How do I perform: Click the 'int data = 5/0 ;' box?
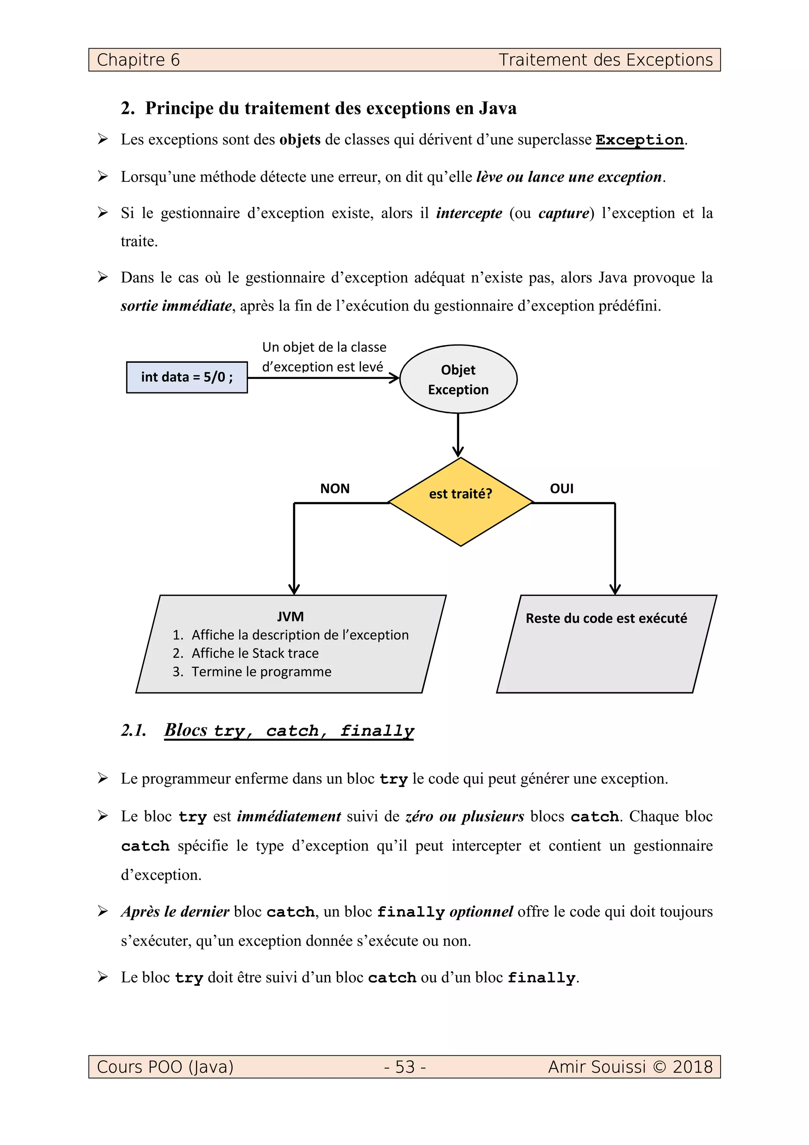coord(187,377)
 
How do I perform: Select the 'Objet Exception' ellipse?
coord(458,379)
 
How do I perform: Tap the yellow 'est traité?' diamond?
coord(460,501)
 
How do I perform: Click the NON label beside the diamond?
coord(335,488)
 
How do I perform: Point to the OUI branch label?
coord(561,488)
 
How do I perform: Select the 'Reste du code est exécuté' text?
coord(606,618)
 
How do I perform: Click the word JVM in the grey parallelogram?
coord(290,616)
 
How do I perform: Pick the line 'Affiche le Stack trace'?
coord(255,653)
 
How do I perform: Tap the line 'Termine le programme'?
coord(261,672)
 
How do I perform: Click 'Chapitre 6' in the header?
coord(138,60)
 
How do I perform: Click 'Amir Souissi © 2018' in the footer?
coord(630,1067)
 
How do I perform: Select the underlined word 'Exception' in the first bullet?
coord(640,140)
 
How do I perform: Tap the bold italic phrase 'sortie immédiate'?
coord(176,306)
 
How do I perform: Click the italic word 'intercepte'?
coord(468,213)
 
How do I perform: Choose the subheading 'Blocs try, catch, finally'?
coord(289,731)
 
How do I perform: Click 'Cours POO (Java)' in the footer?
coord(165,1067)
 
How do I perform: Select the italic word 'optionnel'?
coord(481,911)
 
